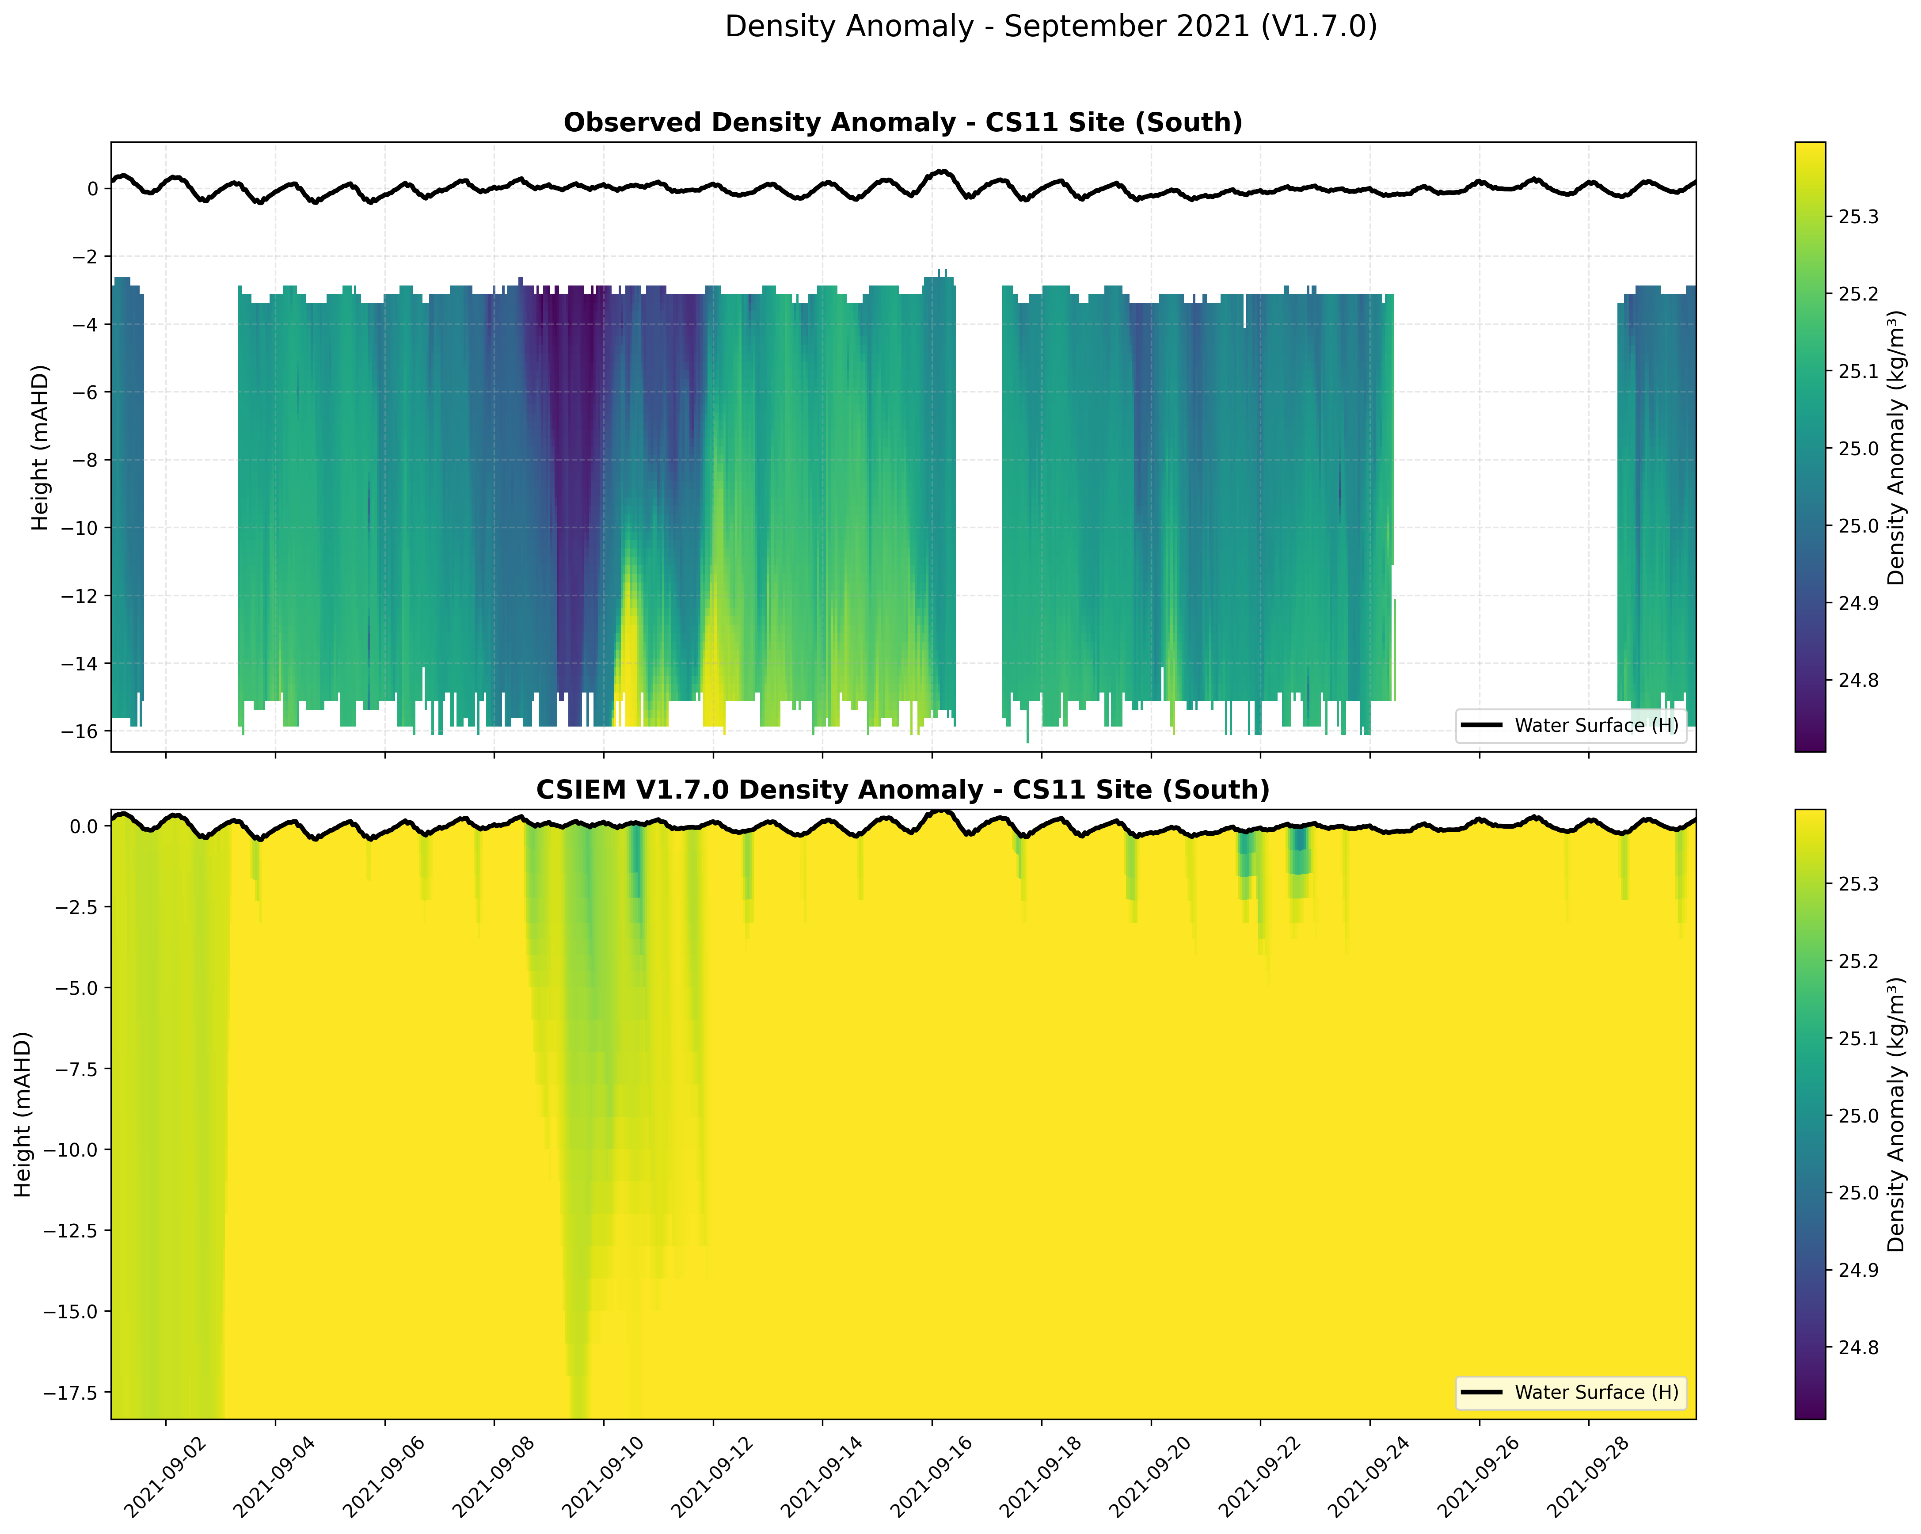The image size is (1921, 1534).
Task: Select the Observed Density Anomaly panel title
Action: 902,122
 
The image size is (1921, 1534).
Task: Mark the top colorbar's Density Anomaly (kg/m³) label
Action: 1896,447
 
